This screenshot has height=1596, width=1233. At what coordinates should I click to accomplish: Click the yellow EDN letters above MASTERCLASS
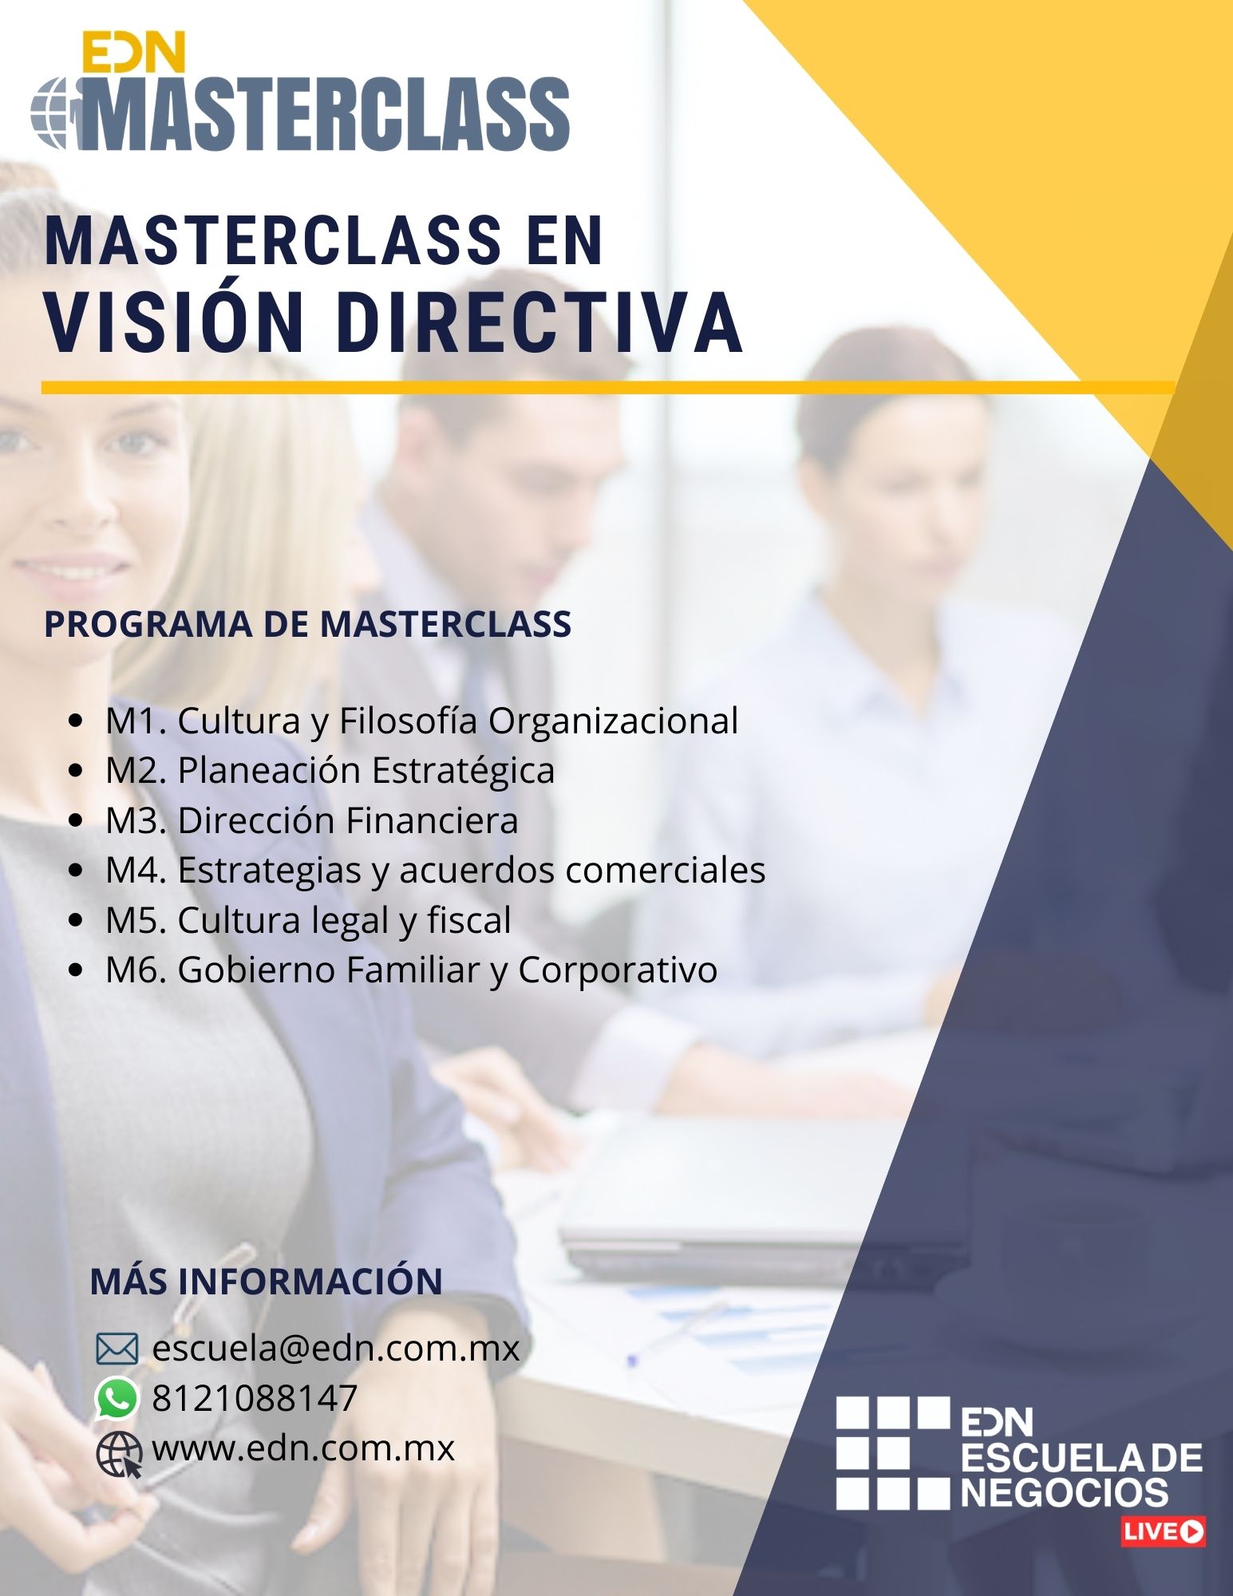(134, 53)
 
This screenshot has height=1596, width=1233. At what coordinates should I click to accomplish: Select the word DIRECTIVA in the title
(539, 323)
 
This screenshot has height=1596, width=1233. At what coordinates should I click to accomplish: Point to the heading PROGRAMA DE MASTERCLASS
(308, 624)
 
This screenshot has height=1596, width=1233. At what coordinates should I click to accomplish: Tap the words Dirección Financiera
(348, 820)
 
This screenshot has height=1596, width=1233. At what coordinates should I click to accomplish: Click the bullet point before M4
(77, 871)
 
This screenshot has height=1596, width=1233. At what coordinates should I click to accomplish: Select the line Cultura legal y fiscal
(344, 921)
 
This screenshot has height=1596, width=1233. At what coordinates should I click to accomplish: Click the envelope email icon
(117, 1349)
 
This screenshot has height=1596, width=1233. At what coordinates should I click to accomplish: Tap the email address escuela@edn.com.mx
(336, 1349)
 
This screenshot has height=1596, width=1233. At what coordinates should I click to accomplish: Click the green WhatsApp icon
(117, 1399)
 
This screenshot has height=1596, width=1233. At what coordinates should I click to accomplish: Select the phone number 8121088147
(255, 1398)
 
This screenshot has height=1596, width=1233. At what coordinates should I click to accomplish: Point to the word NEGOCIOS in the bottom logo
(1065, 1491)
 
